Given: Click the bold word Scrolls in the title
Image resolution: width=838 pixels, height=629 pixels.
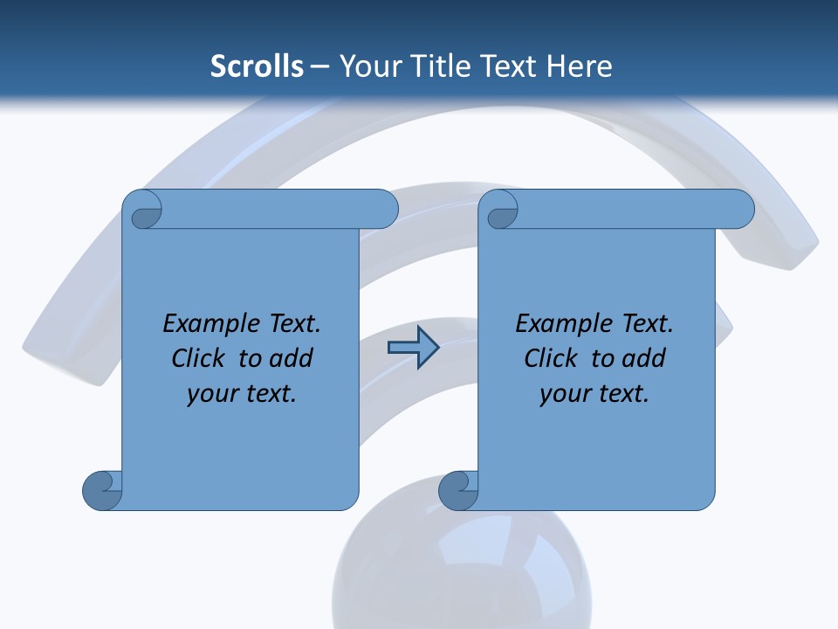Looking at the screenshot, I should coord(258,66).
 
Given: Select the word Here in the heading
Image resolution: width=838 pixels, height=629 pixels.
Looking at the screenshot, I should coord(580,66).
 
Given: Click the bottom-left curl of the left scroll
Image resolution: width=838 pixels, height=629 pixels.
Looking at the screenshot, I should coord(102,490).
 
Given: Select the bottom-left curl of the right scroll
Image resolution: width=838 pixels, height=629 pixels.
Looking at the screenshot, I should coord(458,490).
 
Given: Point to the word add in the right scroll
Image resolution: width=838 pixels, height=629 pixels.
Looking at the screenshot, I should coord(644,359).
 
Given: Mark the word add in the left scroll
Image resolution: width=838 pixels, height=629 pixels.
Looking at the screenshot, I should coord(292,359).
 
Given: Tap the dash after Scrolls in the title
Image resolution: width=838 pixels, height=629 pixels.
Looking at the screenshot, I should coord(319,66).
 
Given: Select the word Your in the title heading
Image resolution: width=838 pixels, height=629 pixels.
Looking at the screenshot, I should coord(367,66).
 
